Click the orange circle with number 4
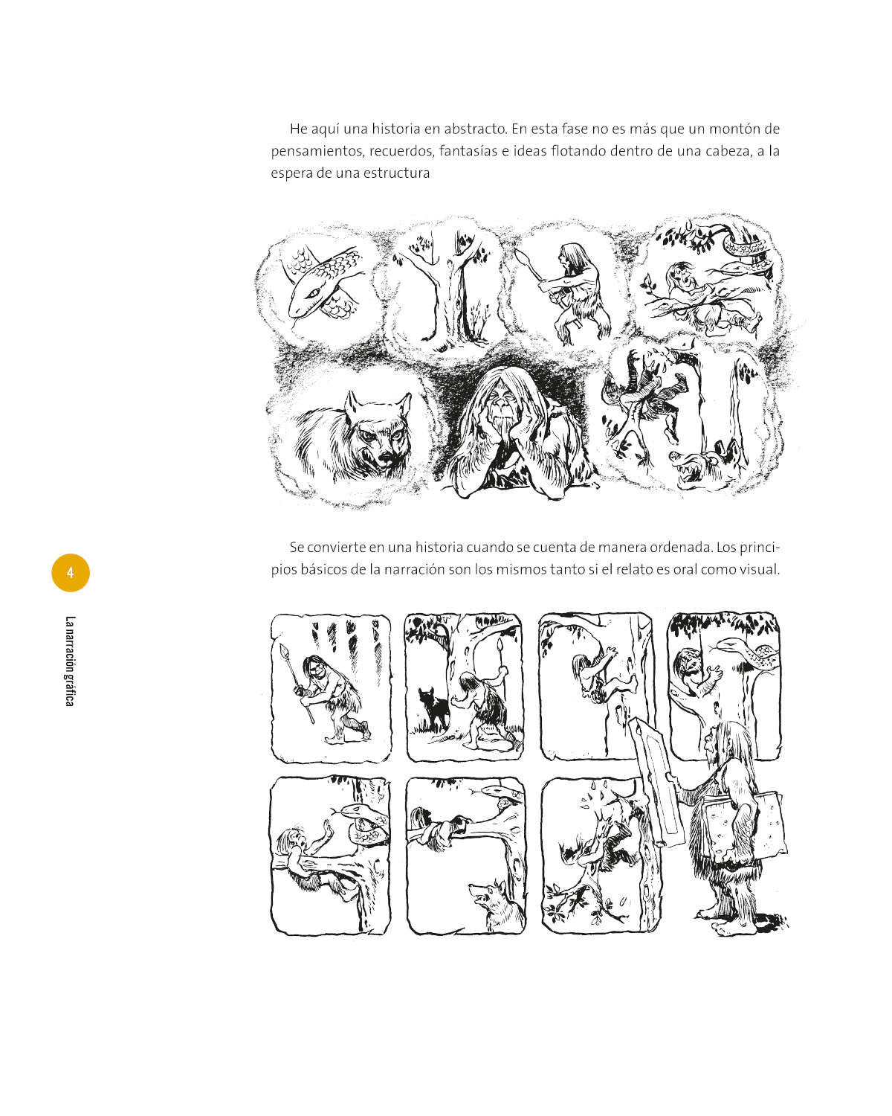coord(71,573)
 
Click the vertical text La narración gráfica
coord(70,661)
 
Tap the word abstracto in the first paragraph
coord(475,129)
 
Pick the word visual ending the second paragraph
coord(759,569)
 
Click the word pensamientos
coord(316,152)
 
